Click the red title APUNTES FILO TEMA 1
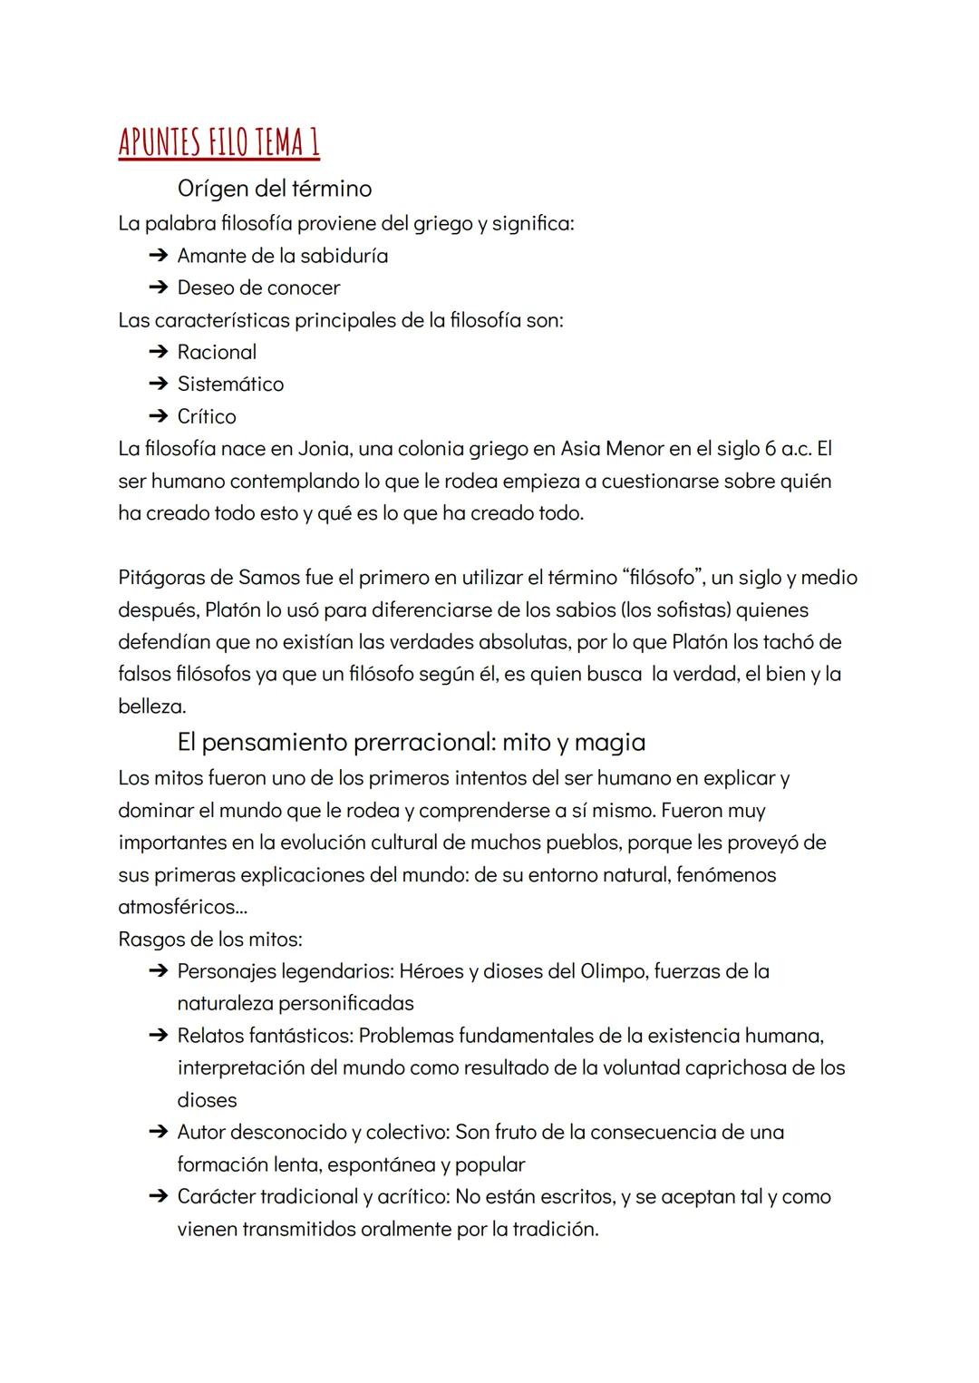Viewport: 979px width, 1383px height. (x=218, y=142)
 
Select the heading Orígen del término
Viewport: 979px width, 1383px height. (x=274, y=189)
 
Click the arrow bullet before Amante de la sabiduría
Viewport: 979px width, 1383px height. (x=158, y=257)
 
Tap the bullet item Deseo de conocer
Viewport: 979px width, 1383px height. (x=258, y=288)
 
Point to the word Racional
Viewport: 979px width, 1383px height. (x=217, y=352)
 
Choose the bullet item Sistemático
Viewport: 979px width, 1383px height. (x=230, y=385)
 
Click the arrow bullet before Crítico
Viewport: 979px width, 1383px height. (x=158, y=417)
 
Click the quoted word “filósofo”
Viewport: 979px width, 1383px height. (x=663, y=578)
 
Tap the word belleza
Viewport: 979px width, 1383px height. (x=150, y=706)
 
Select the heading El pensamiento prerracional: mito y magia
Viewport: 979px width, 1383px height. (x=411, y=743)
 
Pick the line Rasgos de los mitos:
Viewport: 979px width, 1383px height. (x=210, y=940)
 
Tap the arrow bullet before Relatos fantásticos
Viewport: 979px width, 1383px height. (x=158, y=1037)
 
